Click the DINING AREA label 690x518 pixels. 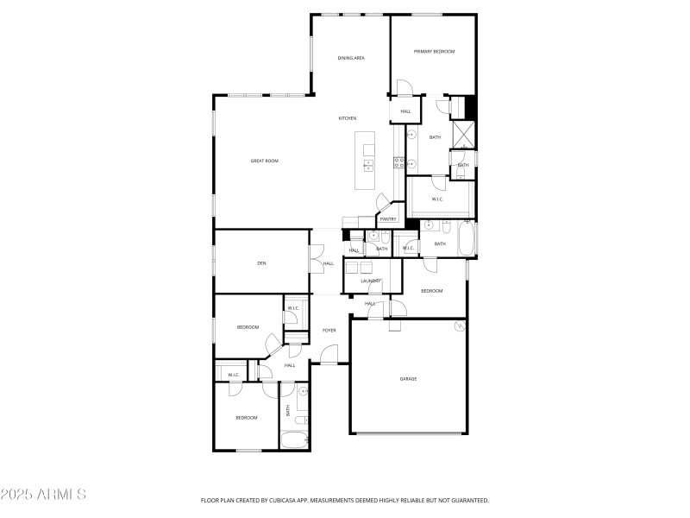pos(351,58)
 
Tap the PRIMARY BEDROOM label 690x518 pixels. pos(434,52)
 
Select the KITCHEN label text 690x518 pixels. pos(348,118)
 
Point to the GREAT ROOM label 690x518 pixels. pos(265,161)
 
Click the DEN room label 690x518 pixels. pos(260,262)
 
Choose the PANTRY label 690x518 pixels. pos(388,219)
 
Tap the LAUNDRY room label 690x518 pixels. pos(371,281)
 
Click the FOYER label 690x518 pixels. pos(329,331)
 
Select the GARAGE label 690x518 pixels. pos(408,378)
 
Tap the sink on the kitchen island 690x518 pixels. pos(369,165)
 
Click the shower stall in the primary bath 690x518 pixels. pos(465,134)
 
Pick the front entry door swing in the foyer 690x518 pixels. pos(328,354)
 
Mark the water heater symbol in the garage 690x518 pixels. pos(459,326)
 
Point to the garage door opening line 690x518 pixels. pos(408,433)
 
